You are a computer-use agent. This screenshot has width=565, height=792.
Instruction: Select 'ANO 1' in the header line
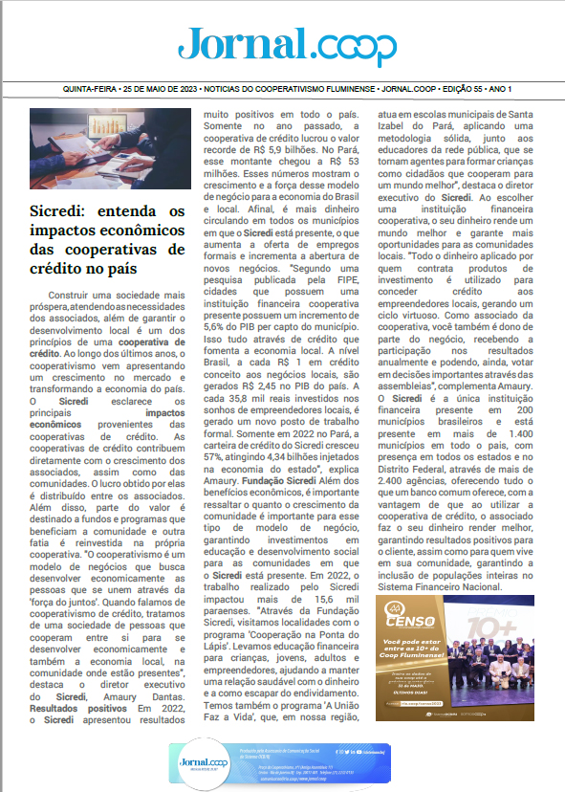(500, 89)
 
